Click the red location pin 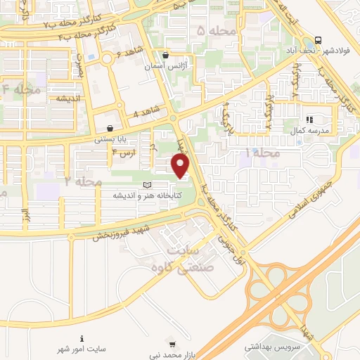181,166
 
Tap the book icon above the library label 147,185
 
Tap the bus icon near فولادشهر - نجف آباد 319,40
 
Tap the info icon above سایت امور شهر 82,338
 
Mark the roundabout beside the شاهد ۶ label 107,59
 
